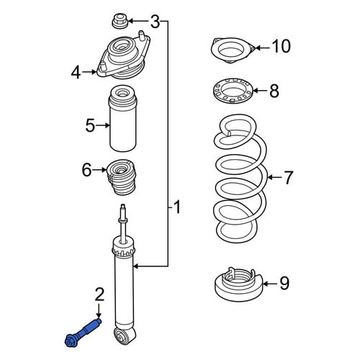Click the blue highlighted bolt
(x=83, y=331)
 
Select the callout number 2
(x=99, y=294)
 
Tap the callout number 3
(x=156, y=22)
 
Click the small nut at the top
(x=120, y=22)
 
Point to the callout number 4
(x=76, y=73)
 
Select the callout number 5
(x=90, y=125)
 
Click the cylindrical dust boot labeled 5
(x=123, y=119)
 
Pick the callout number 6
(x=87, y=170)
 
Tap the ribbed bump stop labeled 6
(x=121, y=177)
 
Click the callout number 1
(x=177, y=207)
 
